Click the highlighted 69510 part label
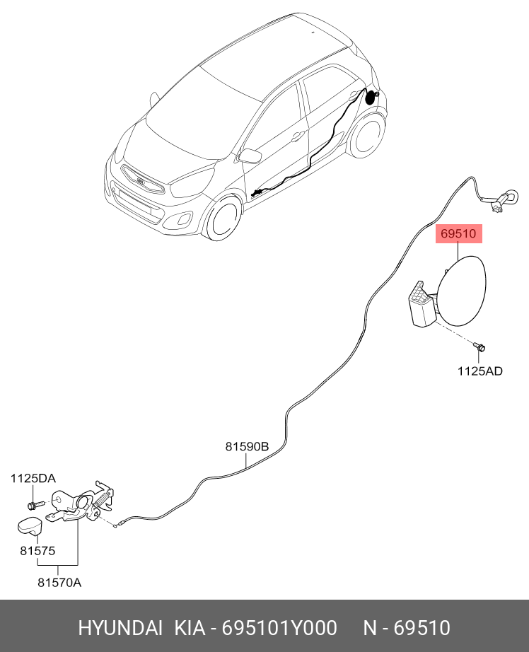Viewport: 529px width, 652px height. coord(458,233)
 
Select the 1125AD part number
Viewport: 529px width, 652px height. coord(479,371)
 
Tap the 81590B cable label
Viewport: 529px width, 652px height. coord(247,446)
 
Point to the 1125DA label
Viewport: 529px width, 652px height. coord(33,479)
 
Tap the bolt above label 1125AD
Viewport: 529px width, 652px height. coord(480,347)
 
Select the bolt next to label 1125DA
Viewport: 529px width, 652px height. coord(33,504)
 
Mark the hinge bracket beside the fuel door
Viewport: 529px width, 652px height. coord(423,305)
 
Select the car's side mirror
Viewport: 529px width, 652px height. coord(250,156)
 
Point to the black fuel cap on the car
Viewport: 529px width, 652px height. coord(370,97)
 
